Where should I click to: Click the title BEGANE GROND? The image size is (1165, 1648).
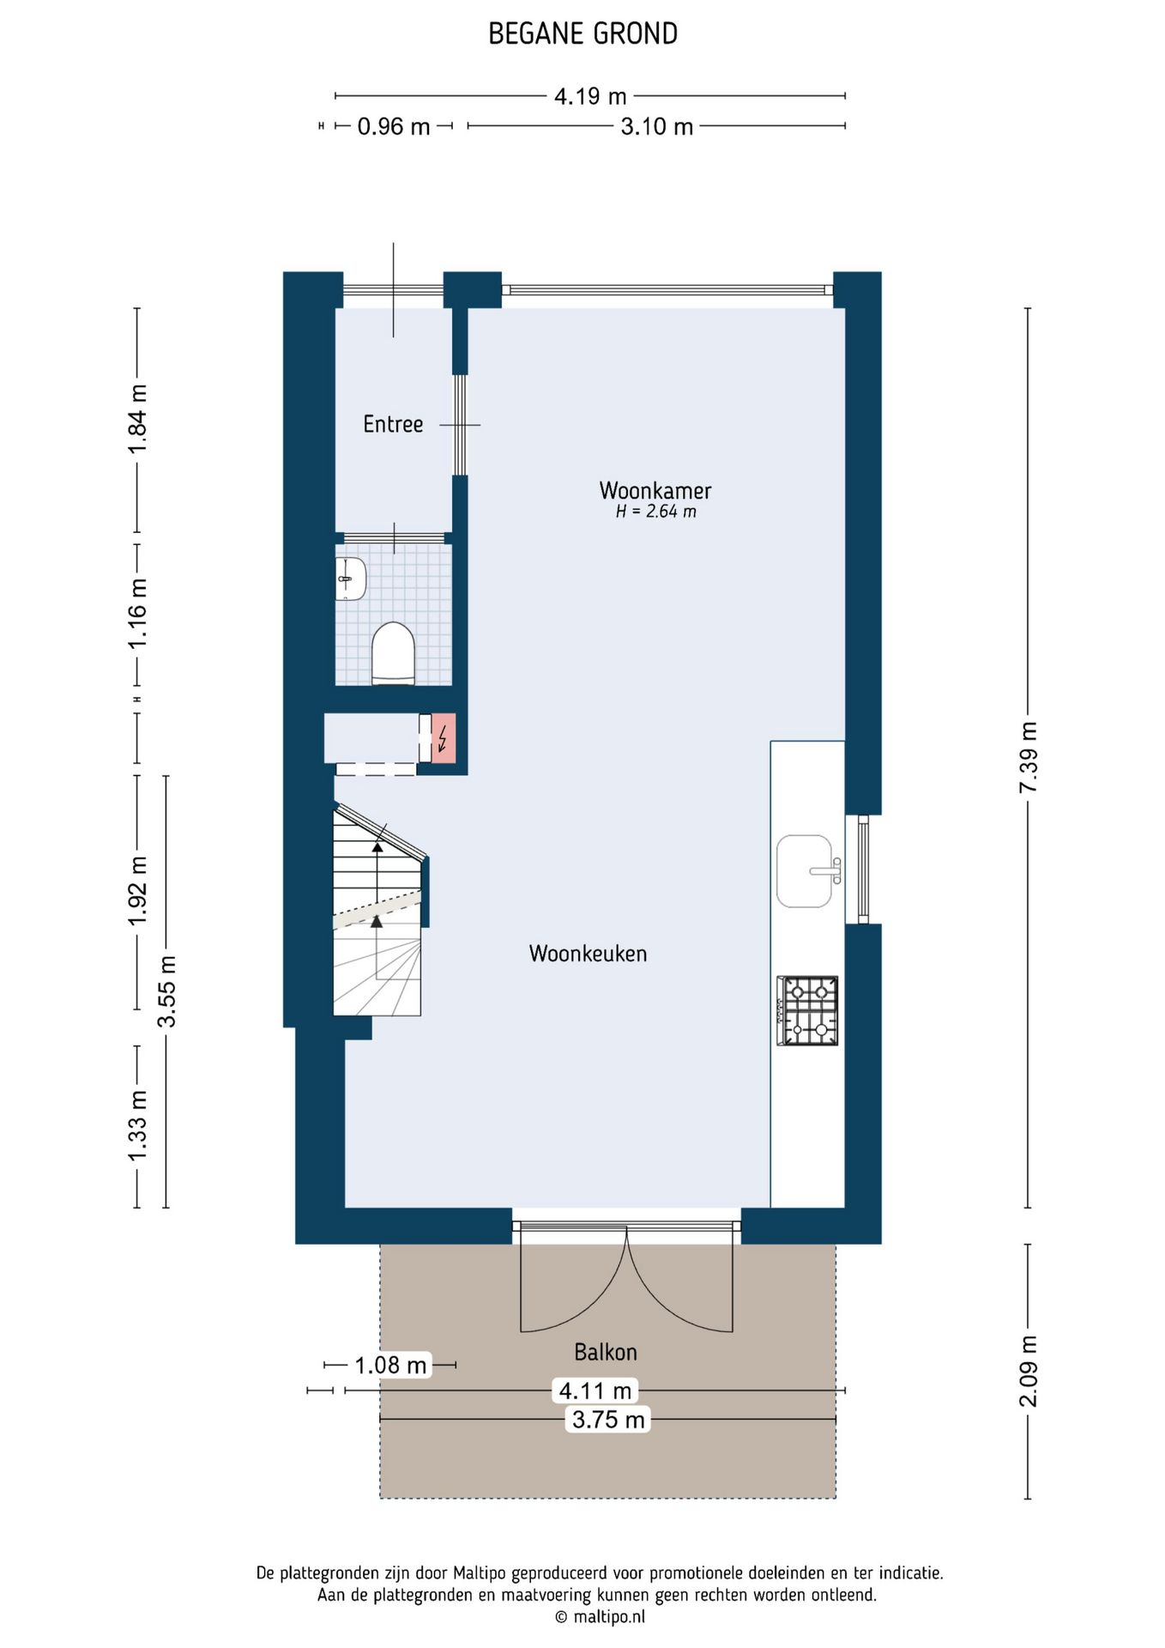tap(582, 33)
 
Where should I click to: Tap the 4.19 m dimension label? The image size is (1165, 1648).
tap(590, 96)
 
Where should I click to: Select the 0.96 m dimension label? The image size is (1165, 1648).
tap(394, 126)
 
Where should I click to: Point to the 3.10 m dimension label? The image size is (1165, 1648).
tap(657, 126)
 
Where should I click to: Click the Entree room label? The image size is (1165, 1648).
tap(393, 424)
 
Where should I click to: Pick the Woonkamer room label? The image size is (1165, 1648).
tap(655, 490)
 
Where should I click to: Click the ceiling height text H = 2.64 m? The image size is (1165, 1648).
tap(655, 512)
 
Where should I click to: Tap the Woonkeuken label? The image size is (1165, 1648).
tap(588, 954)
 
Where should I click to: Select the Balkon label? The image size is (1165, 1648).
tap(606, 1352)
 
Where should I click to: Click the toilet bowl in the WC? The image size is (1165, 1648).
tap(393, 654)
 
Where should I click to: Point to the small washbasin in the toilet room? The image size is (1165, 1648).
tap(350, 579)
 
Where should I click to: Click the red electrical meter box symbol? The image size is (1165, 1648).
tap(444, 738)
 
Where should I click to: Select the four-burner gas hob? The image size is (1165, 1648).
tap(807, 1010)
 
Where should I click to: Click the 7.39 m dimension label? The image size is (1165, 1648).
tap(1028, 758)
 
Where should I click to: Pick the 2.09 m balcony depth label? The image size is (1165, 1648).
tap(1028, 1372)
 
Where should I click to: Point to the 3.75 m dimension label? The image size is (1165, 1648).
tap(608, 1420)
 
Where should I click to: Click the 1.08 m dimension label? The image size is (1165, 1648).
tap(390, 1365)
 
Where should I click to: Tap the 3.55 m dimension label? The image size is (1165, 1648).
tap(166, 991)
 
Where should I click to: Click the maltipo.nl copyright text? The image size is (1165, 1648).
tap(600, 1617)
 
